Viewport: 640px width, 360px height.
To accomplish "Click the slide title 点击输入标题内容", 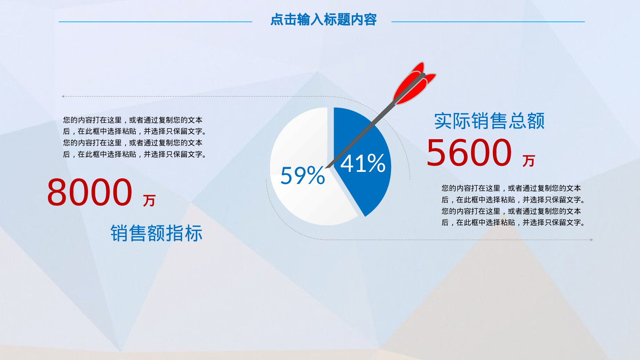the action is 324,20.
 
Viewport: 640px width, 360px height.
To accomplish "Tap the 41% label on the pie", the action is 363,163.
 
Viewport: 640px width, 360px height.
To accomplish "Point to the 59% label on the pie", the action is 303,175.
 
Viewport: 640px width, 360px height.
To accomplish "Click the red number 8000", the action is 90,192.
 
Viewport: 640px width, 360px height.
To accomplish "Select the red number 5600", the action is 469,153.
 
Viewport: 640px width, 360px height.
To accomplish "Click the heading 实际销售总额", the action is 489,121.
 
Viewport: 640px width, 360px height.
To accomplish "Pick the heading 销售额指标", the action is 156,233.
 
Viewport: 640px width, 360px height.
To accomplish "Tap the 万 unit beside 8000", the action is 149,201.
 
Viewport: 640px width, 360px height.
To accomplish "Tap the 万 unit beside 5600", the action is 529,161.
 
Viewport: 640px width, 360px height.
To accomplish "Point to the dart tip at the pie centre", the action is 326,168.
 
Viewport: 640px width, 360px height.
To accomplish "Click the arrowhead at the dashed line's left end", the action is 63,96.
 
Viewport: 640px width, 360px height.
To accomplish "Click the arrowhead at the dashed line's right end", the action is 592,240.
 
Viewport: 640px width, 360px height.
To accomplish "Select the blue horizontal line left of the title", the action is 156,22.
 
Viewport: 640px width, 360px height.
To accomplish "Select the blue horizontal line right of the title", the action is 488,22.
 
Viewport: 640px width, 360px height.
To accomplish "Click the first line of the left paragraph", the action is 133,120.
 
